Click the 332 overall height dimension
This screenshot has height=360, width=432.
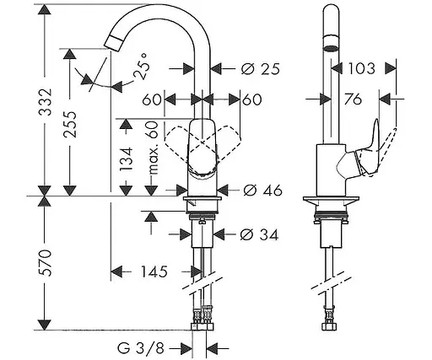point(46,102)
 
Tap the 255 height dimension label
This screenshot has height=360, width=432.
point(70,125)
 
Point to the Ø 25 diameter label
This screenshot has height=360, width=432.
point(261,68)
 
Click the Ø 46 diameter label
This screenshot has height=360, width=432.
point(262,191)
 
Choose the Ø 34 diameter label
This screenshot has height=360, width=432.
point(259,234)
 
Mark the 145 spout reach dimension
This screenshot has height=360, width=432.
point(154,271)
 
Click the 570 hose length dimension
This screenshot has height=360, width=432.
point(46,263)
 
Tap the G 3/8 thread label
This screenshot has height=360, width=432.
point(140,348)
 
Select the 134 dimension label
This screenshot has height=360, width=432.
point(126,159)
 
